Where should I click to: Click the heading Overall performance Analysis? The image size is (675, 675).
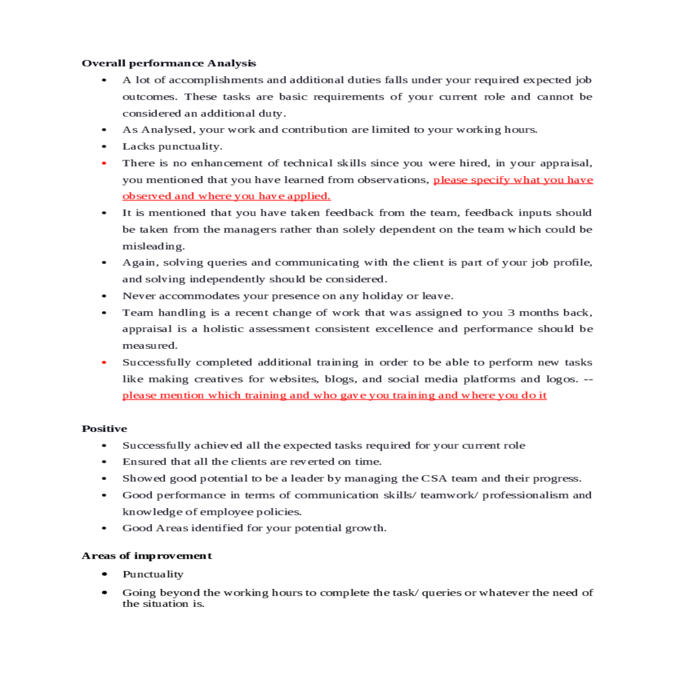pos(169,63)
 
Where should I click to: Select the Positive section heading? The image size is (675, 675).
pos(105,429)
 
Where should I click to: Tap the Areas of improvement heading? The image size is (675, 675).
pos(147,556)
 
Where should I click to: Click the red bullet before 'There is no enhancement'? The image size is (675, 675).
pos(104,163)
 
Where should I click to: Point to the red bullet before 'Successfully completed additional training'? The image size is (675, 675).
pos(104,362)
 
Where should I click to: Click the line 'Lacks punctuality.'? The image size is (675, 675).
pos(172,146)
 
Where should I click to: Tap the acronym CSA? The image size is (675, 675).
pos(434,479)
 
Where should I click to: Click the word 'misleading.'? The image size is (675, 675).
pos(154,246)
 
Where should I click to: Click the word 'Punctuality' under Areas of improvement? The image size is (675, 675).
pos(153,574)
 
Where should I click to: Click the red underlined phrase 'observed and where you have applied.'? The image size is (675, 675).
pos(226,196)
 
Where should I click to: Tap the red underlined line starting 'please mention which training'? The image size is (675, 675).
pos(334,395)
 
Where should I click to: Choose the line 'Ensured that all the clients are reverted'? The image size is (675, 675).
pos(252,462)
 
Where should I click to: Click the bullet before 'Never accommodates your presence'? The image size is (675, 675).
pos(104,296)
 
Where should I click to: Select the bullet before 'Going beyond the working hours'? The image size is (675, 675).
pos(104,592)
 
